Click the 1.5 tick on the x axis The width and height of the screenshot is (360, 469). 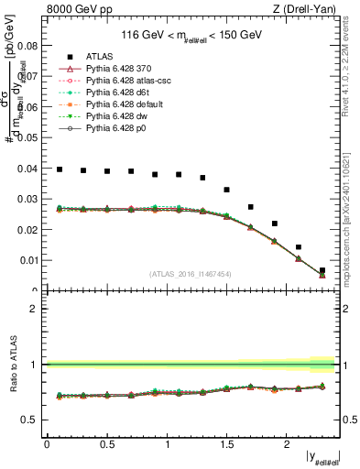click(226, 444)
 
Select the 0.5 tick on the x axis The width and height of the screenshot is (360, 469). click(106, 444)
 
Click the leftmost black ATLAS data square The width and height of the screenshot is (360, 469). click(59, 169)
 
